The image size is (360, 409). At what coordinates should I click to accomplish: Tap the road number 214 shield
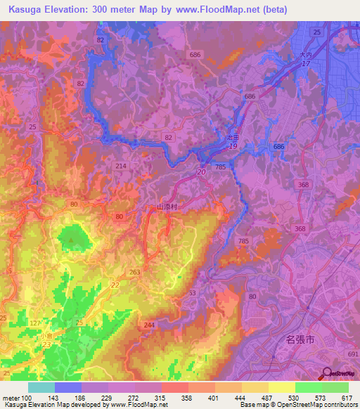(121, 165)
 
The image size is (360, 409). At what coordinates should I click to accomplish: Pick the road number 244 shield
(148, 325)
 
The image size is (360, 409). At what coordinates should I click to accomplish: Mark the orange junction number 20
(201, 171)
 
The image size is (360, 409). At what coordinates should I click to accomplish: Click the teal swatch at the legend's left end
(41, 387)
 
